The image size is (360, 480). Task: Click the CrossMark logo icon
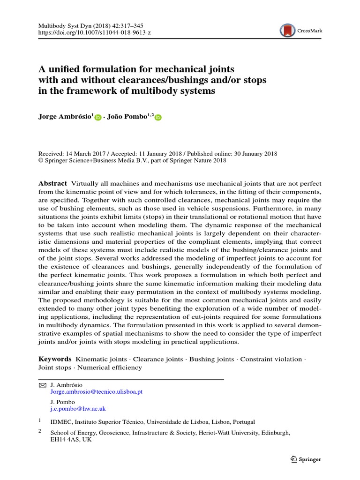(287, 30)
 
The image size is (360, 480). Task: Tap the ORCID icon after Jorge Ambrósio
(97, 118)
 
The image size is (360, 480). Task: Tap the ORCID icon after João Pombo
(157, 118)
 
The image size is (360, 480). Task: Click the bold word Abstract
(52, 183)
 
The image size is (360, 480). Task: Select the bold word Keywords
(55, 359)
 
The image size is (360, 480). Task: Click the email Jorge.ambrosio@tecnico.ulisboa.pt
(96, 392)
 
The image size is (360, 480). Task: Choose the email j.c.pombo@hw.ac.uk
(78, 409)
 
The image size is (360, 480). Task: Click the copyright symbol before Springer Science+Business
(41, 161)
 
